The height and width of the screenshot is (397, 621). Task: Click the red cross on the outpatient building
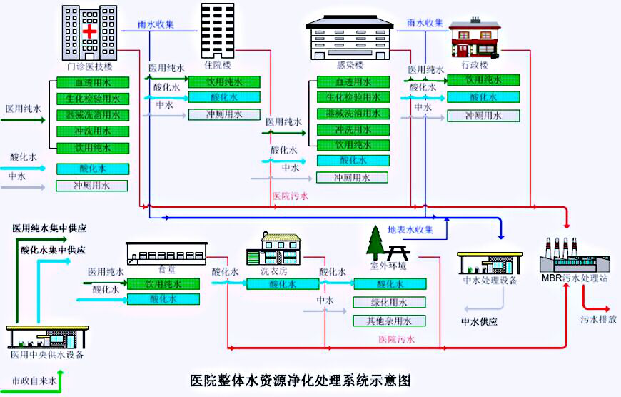89,32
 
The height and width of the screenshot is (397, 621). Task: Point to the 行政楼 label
475,64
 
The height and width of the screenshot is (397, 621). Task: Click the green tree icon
375,243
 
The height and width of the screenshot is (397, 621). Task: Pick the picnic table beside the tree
398,252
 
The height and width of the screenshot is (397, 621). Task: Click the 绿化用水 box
389,302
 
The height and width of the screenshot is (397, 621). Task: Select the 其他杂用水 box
389,321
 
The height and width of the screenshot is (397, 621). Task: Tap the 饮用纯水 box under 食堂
163,283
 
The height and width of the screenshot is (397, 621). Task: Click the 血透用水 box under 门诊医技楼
93,83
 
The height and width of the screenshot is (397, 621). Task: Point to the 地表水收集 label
410,230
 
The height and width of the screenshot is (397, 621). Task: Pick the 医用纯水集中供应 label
49,228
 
